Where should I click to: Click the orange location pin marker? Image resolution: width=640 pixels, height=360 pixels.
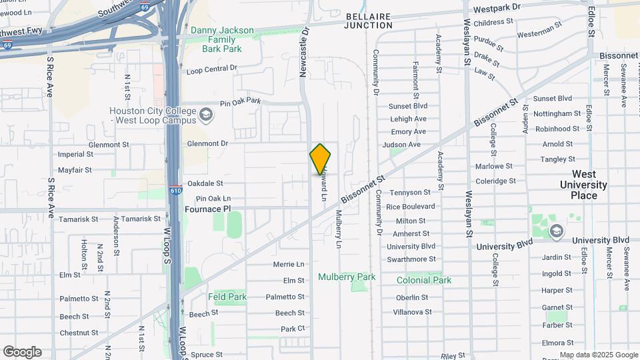click(320, 159)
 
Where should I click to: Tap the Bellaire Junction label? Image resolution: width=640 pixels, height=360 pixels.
click(369, 20)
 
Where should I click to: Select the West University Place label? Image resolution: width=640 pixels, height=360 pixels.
click(583, 184)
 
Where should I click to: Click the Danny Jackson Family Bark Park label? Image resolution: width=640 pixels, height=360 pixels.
click(222, 39)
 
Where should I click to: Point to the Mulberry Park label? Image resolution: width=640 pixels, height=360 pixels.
click(347, 277)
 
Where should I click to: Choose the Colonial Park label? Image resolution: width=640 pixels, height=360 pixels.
click(424, 280)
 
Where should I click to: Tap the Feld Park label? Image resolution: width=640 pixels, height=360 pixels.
click(227, 297)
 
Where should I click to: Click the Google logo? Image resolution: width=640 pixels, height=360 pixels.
click(22, 352)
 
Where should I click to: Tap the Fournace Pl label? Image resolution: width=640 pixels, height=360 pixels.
click(207, 209)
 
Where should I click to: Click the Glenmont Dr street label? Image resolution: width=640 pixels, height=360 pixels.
click(207, 143)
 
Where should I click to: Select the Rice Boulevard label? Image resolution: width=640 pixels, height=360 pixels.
click(410, 207)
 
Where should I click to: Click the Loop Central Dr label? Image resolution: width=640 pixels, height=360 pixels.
click(212, 69)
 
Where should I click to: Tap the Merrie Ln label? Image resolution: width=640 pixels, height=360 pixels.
click(288, 265)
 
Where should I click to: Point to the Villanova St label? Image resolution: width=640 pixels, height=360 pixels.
click(413, 311)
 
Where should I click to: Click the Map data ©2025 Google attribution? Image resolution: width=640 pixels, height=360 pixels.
click(599, 355)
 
